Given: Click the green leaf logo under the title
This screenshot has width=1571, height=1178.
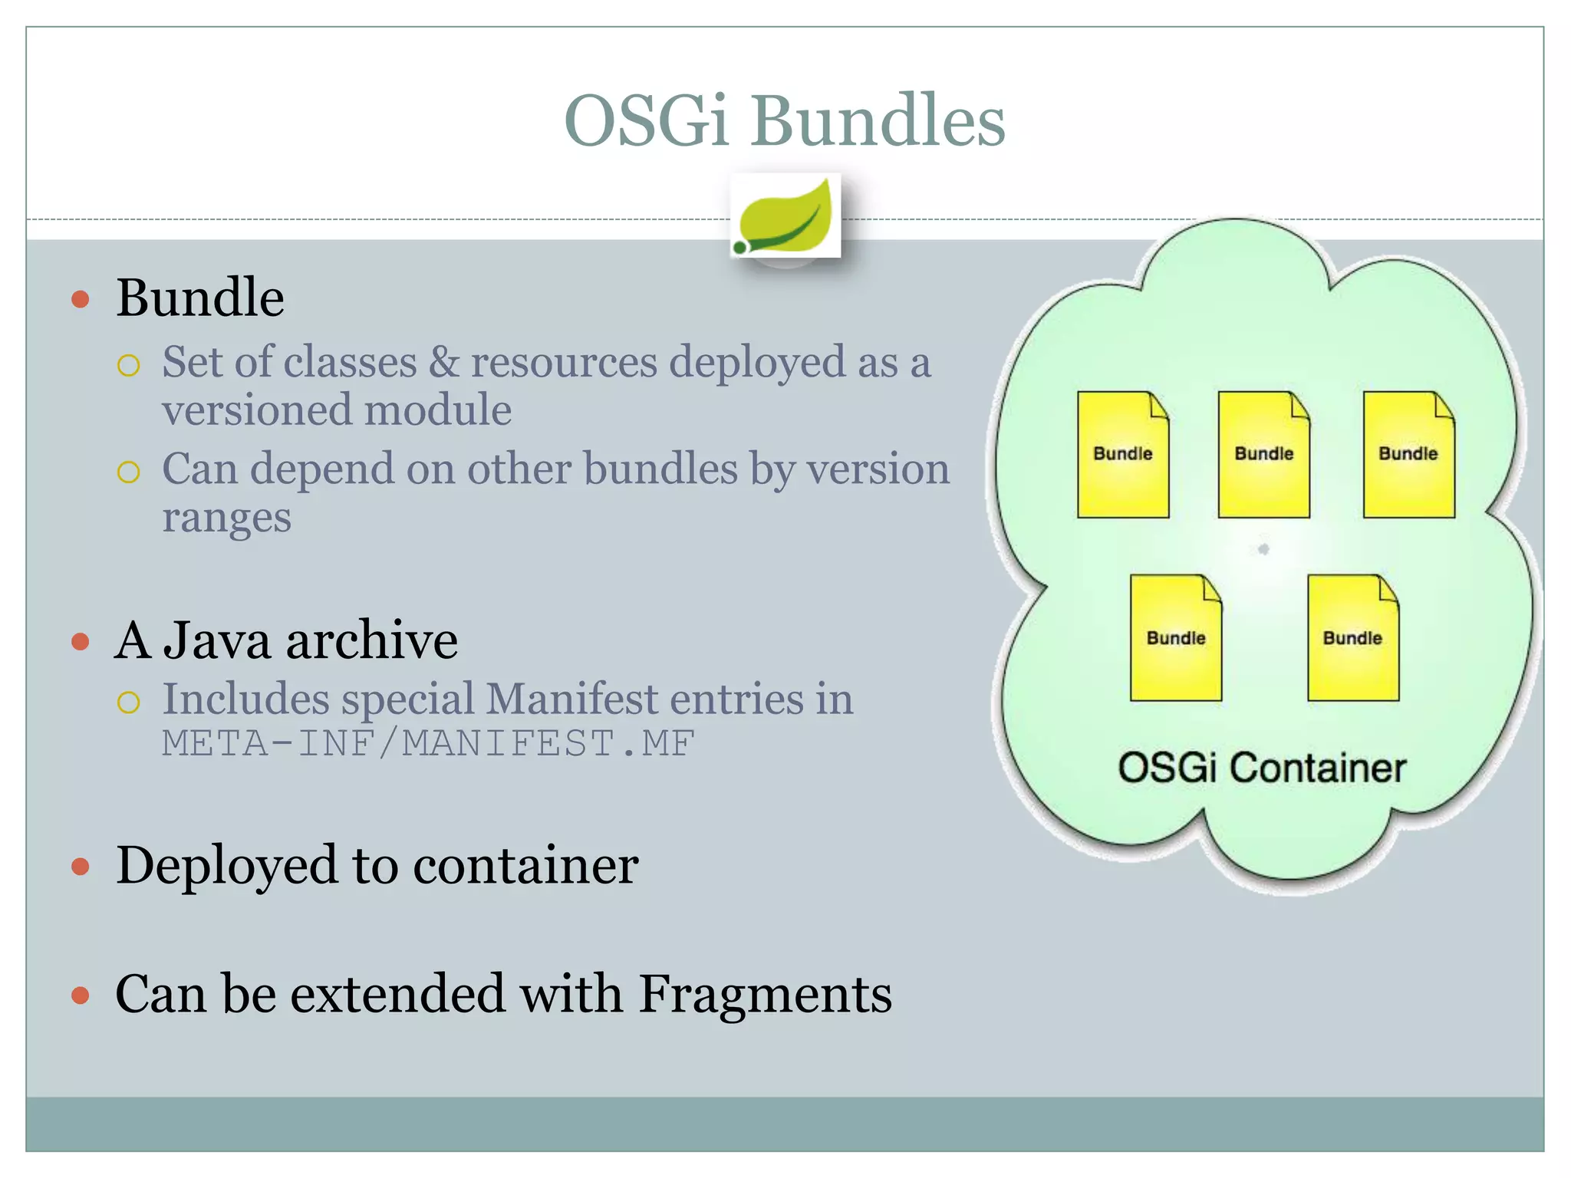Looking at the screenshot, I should [x=785, y=216].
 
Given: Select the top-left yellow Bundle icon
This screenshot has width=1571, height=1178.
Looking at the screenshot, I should [x=1122, y=455].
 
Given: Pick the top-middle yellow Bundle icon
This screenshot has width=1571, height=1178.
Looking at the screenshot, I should [x=1263, y=455].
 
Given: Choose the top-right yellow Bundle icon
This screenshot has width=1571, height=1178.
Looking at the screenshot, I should [x=1408, y=455].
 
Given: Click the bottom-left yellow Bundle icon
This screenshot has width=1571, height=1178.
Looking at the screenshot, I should [x=1175, y=638].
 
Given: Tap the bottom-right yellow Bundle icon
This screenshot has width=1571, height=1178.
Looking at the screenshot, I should [x=1352, y=638].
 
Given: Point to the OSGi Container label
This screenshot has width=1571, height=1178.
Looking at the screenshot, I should [x=1262, y=768].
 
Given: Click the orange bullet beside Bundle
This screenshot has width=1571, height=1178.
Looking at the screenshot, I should [x=81, y=299].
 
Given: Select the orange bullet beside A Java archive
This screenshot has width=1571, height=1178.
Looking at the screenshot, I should [x=81, y=641].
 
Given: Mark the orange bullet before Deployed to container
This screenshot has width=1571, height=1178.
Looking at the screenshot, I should [x=81, y=867].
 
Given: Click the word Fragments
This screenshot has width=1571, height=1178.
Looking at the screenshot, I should [x=765, y=994].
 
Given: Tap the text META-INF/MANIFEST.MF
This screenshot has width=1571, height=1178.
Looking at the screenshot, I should [x=428, y=743].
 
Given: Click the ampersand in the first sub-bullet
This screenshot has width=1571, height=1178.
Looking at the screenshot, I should [x=443, y=362].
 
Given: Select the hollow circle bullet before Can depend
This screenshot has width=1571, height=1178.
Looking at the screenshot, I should [x=129, y=472].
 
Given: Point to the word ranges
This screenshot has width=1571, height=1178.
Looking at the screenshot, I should [x=226, y=518].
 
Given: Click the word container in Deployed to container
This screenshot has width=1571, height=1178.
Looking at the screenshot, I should [x=525, y=866].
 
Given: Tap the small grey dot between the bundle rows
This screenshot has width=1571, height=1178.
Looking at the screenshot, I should [x=1263, y=549].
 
